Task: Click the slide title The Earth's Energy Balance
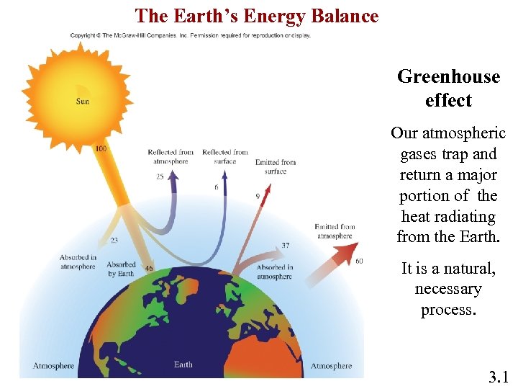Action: pos(257,15)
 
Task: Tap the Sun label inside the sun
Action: pos(83,101)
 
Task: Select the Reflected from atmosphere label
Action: pos(171,156)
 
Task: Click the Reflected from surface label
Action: pos(224,156)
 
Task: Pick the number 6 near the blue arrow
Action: pos(216,187)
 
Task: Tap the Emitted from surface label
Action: pos(276,166)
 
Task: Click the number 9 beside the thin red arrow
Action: pos(258,196)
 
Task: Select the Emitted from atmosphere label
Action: pos(335,231)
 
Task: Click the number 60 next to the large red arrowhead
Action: pos(359,260)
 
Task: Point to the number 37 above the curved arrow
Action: pos(286,246)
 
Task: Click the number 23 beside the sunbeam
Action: pos(114,241)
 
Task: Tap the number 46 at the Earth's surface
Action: pos(149,268)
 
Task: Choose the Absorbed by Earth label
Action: pos(121,269)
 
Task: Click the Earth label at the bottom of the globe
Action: pos(183,365)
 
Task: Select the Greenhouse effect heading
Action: pos(448,89)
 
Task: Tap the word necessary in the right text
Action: pos(448,290)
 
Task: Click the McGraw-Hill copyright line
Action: pos(190,35)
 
